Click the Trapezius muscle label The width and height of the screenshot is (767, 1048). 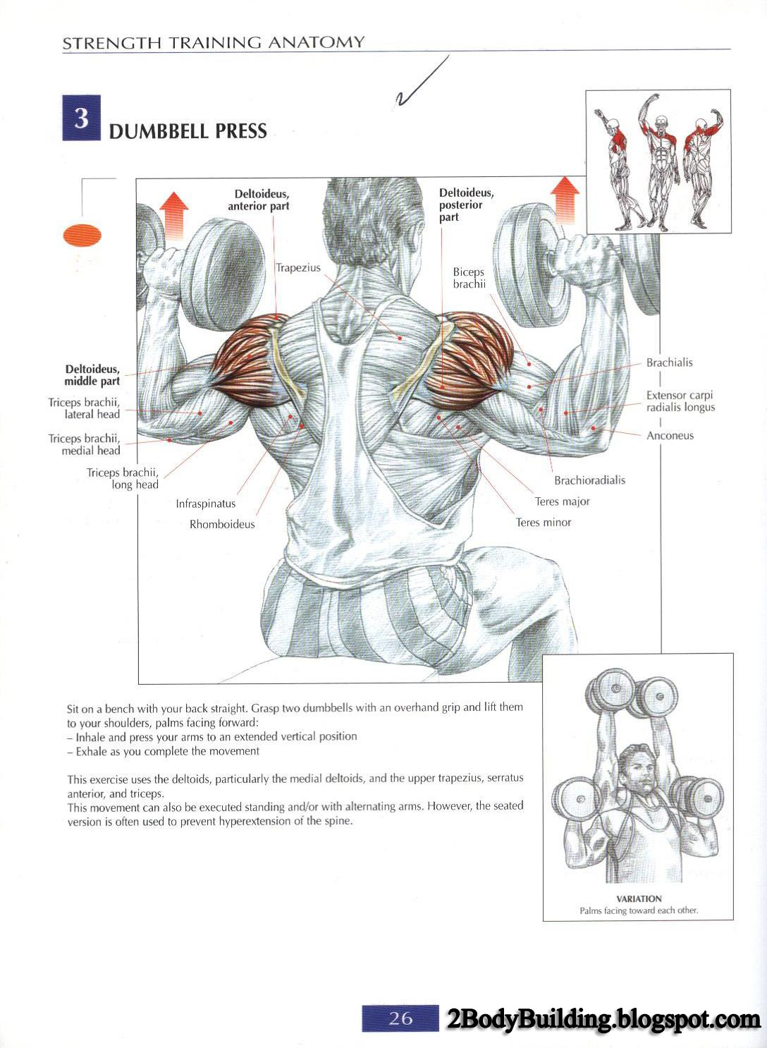coord(298,268)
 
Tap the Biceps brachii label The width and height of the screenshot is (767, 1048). coord(469,278)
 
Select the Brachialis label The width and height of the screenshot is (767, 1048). coord(669,362)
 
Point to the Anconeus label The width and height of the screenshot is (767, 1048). coord(670,436)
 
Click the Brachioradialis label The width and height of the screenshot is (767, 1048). coord(589,481)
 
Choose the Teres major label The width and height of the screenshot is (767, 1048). coord(562,501)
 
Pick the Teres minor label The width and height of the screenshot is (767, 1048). coord(544,523)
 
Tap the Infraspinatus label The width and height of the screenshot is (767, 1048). coord(206,504)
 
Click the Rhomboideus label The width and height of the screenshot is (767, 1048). coord(222,525)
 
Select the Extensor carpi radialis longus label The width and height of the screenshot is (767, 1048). coord(680,401)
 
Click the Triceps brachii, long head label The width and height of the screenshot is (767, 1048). coord(123,478)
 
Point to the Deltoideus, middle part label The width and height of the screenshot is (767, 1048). coord(92,375)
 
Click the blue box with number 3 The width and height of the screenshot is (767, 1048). coord(81,118)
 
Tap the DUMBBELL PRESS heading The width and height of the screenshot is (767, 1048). coord(188,131)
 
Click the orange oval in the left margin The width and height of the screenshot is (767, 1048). coord(82,236)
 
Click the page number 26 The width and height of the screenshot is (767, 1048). coord(400,1018)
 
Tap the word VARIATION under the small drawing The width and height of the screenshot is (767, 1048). coord(639,898)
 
